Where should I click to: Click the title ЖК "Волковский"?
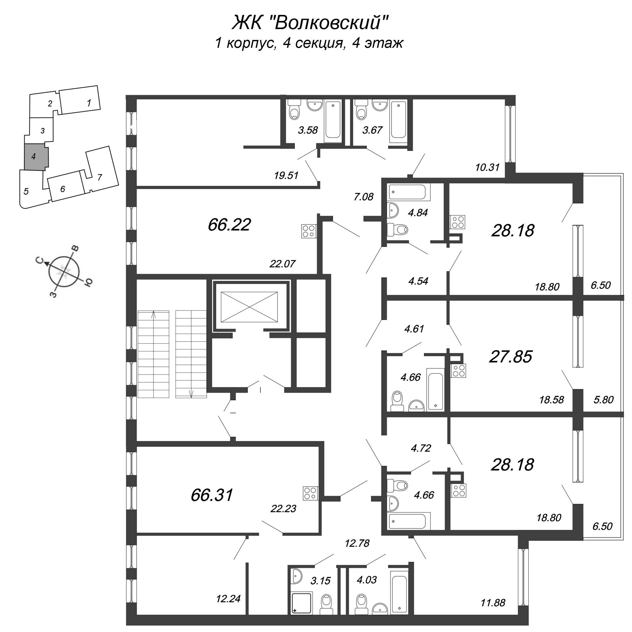click(310, 23)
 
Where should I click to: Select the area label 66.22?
click(229, 225)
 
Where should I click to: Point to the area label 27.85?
click(511, 356)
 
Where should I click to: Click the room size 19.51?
click(286, 176)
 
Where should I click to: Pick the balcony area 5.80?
click(603, 400)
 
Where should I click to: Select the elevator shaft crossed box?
click(249, 307)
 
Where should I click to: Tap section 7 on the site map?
click(100, 177)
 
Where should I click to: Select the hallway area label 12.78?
click(357, 543)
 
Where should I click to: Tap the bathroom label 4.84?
click(418, 213)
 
